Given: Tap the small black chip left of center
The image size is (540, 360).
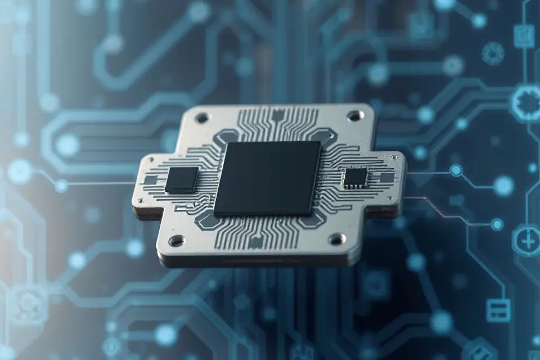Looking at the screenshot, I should click(x=182, y=179).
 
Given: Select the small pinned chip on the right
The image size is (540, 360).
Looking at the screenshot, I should click(x=355, y=177).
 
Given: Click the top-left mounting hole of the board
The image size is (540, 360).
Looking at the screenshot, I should click(x=201, y=118).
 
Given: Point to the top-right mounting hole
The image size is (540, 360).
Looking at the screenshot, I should click(x=355, y=116).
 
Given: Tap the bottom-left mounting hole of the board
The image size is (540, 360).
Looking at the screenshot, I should click(x=177, y=241).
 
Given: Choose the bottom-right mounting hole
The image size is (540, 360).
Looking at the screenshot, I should click(x=337, y=239).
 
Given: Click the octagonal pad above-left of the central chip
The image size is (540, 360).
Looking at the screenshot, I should click(x=227, y=137).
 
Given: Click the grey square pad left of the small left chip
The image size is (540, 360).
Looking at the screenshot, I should click(x=151, y=180).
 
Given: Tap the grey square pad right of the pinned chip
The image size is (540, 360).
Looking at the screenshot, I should click(x=386, y=178).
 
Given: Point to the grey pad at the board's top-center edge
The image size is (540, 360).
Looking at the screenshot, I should click(x=277, y=116).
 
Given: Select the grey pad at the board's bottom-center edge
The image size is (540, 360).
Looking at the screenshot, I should click(x=256, y=242).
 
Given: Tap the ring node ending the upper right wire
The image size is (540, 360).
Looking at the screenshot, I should click(x=456, y=170).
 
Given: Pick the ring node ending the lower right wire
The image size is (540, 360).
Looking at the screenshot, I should click(x=497, y=224).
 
